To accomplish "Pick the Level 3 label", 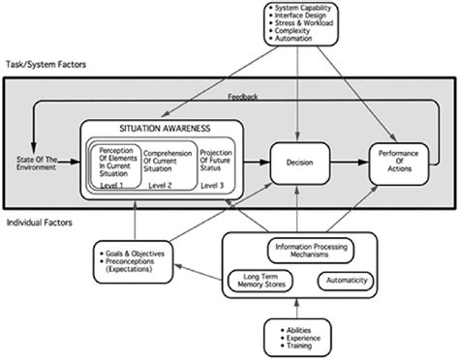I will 216,184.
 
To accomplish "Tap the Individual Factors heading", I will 39,223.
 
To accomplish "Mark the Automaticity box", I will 345,280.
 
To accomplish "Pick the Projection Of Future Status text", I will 215,161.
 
